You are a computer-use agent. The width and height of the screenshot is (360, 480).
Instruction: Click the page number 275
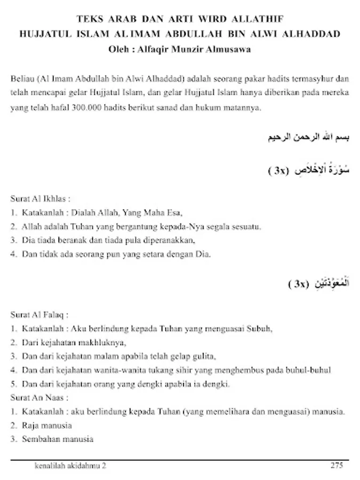[336, 466]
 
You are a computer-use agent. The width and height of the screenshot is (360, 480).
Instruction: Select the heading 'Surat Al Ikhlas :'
[41, 199]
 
